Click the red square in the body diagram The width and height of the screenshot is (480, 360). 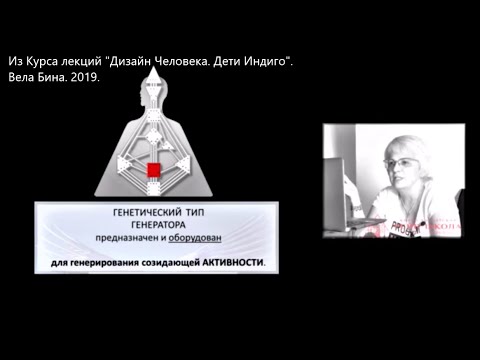coord(154,171)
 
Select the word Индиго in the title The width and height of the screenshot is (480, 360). coord(267,62)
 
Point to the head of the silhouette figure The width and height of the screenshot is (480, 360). coord(153,99)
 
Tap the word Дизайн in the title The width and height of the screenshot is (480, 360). coord(142,62)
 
